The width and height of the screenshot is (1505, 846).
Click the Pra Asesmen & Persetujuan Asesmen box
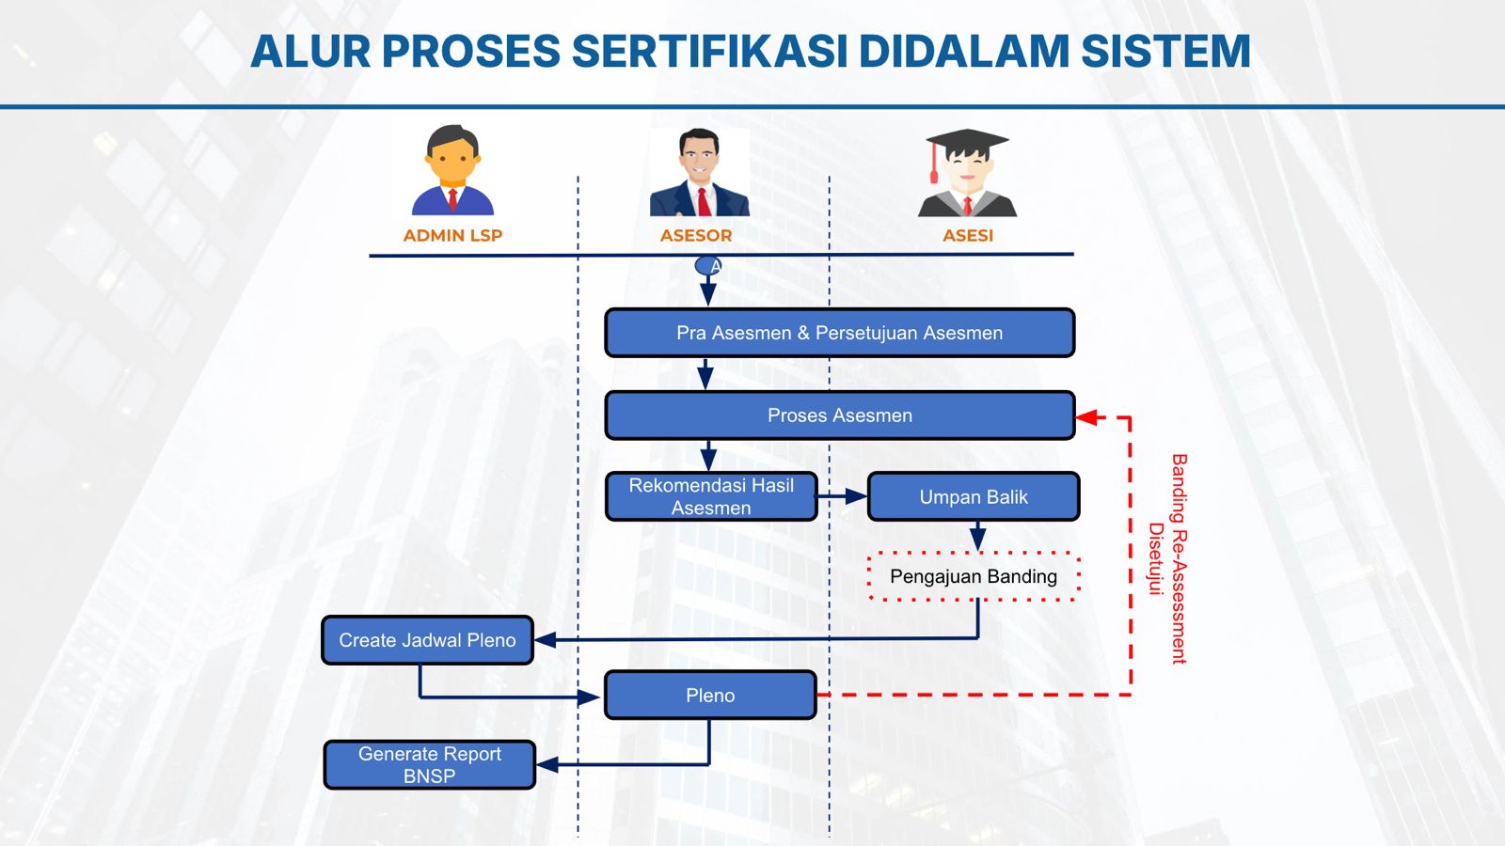pyautogui.click(x=839, y=333)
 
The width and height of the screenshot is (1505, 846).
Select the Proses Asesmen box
pyautogui.click(x=839, y=415)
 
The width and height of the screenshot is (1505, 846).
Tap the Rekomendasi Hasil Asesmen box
pyautogui.click(x=711, y=496)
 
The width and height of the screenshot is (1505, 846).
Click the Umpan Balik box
pyautogui.click(x=973, y=496)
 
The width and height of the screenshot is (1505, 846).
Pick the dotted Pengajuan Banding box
pyautogui.click(x=973, y=576)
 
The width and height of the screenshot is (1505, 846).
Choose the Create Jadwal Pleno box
pyautogui.click(x=427, y=640)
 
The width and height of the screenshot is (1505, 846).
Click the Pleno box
pyautogui.click(x=710, y=696)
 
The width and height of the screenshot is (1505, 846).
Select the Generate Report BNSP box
pyautogui.click(x=430, y=765)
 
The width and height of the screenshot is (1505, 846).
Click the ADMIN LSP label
pyautogui.click(x=452, y=235)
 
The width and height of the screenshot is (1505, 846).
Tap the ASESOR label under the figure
pyautogui.click(x=696, y=235)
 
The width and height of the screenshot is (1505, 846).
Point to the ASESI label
pyautogui.click(x=967, y=235)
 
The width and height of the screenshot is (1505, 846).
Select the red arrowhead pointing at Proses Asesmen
pyautogui.click(x=1087, y=417)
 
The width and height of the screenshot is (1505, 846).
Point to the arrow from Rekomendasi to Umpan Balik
pyautogui.click(x=843, y=496)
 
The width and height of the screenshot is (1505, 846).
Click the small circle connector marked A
pyautogui.click(x=708, y=266)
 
